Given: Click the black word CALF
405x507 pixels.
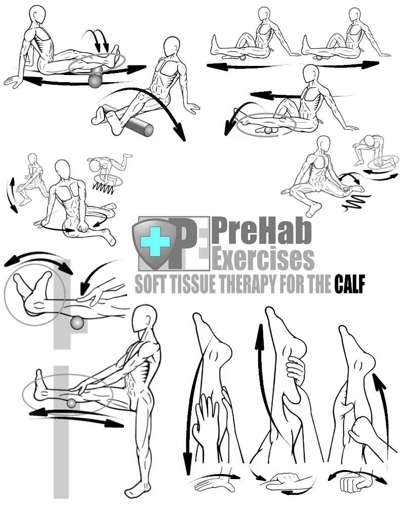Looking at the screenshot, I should click(350, 285).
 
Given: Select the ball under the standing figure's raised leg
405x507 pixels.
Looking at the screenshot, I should click(71, 403).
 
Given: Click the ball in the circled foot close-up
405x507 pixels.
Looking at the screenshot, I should click(77, 322).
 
